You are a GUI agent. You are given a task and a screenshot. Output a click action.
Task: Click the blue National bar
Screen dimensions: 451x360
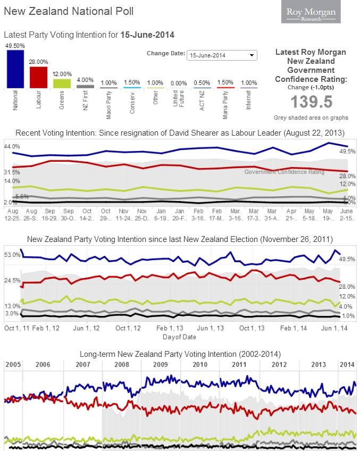tap(15, 69)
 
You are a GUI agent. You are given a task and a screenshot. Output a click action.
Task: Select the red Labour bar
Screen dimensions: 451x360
tap(38, 77)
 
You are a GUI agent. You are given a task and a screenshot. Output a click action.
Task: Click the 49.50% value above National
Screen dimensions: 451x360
tap(15, 46)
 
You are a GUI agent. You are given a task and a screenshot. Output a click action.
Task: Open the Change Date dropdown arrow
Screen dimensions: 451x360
tap(252, 55)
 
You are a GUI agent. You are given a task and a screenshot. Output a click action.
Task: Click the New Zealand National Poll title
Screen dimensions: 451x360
tap(69, 11)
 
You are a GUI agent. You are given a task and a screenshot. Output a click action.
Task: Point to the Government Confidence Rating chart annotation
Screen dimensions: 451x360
tap(284, 172)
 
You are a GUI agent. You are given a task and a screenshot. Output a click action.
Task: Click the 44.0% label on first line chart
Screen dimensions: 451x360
tap(12, 146)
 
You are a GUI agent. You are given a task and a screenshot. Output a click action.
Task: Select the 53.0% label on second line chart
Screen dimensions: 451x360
tap(12, 255)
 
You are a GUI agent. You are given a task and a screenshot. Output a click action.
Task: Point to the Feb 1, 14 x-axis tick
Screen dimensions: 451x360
tap(294, 328)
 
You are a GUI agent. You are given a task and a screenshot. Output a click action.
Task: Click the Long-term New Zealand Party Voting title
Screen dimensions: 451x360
tap(180, 354)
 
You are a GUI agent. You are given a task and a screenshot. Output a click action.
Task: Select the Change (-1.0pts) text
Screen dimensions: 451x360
tap(311, 87)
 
